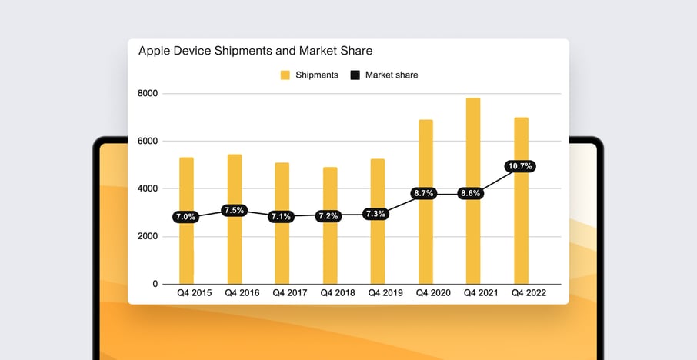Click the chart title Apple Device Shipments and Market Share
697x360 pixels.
coord(255,51)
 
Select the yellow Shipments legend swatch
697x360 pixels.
coord(285,75)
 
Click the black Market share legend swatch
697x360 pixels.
coord(355,75)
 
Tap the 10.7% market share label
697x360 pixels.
coord(520,166)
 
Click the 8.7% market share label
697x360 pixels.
coord(425,194)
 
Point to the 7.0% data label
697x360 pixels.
coord(186,217)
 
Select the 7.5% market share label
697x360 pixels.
coord(234,211)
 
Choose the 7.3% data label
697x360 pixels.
coord(377,214)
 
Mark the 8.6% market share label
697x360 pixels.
coord(473,194)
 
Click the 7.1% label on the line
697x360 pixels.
coord(282,217)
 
